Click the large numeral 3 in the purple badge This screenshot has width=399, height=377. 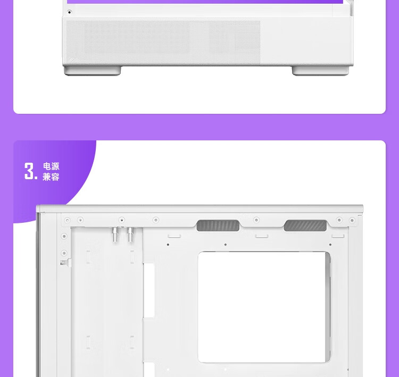29,171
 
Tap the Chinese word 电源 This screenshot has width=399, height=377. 51,166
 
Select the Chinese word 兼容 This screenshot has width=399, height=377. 51,177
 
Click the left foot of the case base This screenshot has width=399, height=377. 93,71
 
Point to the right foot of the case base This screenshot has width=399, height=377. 320,71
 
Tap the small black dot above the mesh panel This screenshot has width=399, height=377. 69,12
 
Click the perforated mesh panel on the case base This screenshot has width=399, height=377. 163,42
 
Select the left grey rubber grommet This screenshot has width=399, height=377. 218,225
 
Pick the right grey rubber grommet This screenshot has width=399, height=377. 305,225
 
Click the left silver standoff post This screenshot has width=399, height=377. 115,234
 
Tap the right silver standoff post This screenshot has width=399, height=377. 130,234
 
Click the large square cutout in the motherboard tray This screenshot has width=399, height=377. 264,307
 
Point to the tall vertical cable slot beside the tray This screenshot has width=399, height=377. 149,290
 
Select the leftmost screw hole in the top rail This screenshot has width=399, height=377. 67,220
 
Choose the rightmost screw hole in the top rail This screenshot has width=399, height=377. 352,220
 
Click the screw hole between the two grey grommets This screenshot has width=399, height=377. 256,220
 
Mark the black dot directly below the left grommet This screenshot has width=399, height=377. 226,245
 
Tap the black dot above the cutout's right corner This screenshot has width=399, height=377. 330,245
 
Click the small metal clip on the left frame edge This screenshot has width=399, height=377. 65,263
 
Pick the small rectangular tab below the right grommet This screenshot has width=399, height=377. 338,236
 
